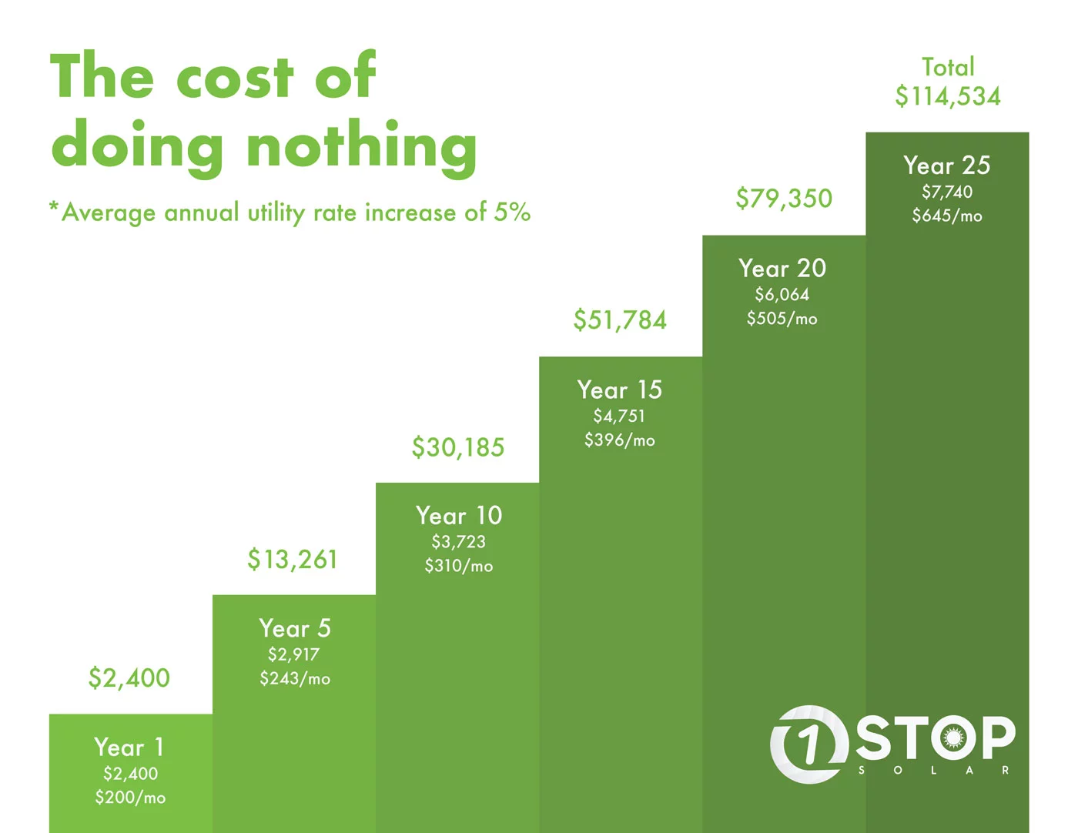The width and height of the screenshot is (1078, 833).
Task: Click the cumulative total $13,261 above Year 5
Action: (293, 560)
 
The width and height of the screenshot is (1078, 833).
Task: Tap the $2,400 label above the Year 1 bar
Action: (129, 678)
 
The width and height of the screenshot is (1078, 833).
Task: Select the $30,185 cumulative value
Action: (458, 447)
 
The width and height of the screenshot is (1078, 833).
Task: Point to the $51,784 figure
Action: (620, 320)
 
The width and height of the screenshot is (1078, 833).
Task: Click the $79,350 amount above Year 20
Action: (784, 199)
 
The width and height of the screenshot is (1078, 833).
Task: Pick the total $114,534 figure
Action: (948, 97)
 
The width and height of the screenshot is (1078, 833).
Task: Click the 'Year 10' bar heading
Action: (459, 516)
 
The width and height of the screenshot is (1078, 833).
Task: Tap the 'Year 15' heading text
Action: (620, 390)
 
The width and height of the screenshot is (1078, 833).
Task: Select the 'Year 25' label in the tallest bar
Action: (947, 166)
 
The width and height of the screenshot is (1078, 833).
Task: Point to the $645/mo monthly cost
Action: (947, 216)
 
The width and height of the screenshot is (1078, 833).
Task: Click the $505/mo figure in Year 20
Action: (782, 319)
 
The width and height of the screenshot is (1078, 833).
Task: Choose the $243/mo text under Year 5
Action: (295, 679)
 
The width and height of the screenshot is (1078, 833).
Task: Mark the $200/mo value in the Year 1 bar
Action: (130, 798)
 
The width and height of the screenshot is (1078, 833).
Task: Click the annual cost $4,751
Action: (619, 416)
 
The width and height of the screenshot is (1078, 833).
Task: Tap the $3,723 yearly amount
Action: (458, 542)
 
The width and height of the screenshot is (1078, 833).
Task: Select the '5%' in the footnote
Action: (512, 212)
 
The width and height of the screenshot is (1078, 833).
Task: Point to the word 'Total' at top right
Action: (948, 68)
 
